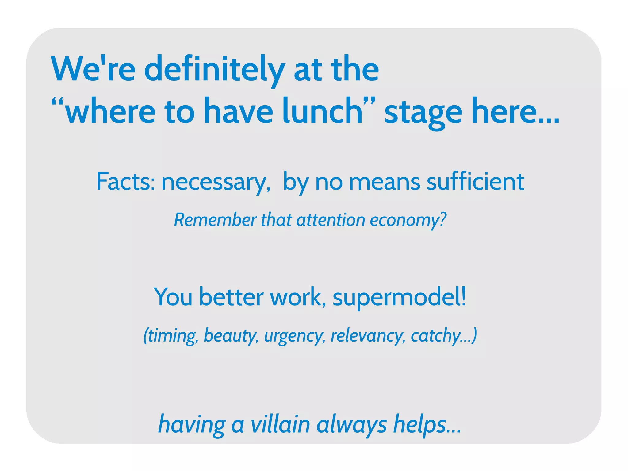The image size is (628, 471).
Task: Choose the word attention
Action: [331, 220]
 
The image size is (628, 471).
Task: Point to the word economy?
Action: [408, 220]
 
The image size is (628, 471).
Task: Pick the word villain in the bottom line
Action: [280, 424]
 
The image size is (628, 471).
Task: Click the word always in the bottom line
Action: [351, 425]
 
